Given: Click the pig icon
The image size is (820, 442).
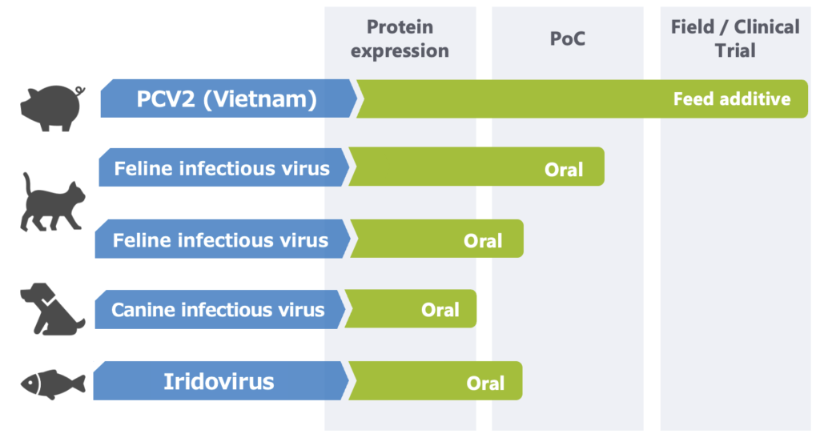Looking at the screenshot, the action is [51, 108].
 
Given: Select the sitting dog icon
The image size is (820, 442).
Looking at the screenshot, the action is [51, 308].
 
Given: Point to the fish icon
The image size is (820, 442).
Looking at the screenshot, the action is [53, 384].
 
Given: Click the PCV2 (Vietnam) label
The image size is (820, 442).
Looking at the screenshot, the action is [227, 98].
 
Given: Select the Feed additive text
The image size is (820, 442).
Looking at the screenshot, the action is [732, 98].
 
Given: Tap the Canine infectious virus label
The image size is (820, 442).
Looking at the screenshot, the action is [218, 310].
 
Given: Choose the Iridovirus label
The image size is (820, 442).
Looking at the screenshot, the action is [219, 381].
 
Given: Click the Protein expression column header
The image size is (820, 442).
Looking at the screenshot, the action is [400, 38].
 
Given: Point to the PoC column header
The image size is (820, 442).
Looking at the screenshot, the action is [568, 38].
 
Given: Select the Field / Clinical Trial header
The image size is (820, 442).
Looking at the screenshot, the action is [735, 38].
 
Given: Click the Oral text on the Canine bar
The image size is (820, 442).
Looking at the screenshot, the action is [440, 310].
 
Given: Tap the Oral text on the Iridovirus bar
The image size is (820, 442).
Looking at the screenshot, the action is [485, 383].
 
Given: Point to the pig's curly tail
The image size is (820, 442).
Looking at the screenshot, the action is [79, 91].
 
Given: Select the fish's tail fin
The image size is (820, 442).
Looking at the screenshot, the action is [79, 384].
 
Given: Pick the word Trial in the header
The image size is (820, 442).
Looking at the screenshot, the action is [735, 50].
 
